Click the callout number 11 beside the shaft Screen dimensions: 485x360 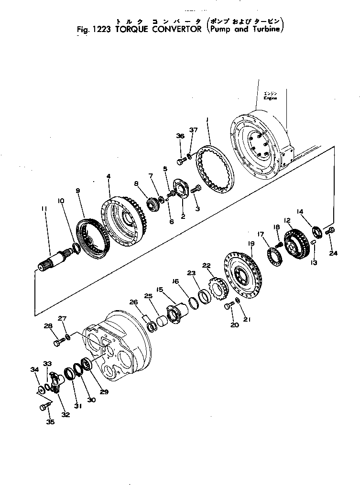[x=44, y=209]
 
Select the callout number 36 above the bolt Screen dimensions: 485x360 [x=180, y=136]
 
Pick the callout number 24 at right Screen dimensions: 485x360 [x=333, y=253]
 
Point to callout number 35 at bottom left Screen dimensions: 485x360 [x=50, y=422]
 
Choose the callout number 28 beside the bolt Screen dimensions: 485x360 [x=48, y=326]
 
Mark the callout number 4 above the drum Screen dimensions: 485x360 [x=109, y=176]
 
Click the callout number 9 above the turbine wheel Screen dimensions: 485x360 [x=78, y=190]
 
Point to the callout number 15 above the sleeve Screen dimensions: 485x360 [x=159, y=290]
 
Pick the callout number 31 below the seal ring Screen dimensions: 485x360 [x=78, y=406]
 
